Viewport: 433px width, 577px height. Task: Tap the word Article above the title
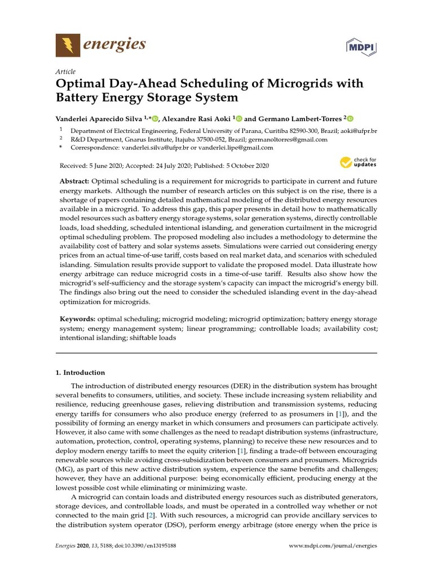65,72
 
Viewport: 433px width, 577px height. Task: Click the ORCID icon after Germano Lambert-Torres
350,119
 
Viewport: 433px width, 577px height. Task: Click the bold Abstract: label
74,181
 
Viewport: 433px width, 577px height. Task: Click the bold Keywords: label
78,319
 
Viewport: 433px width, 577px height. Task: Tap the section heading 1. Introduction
79,372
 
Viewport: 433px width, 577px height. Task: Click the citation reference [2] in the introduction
151,516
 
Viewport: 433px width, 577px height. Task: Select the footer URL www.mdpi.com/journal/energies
333,546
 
